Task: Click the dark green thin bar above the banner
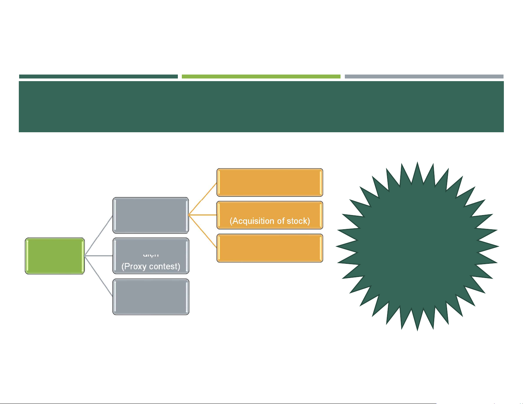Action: coord(98,77)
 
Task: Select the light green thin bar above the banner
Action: coord(261,77)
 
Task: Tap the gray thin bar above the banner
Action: coord(424,77)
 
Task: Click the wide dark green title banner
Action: coord(261,107)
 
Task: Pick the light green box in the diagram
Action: coord(55,256)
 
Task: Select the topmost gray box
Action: coord(151,215)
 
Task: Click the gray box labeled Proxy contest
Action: coord(151,256)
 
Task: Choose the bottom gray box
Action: coord(151,297)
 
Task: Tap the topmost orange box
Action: coord(270,182)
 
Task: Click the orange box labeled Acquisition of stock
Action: coord(270,215)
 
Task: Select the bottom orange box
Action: coord(270,248)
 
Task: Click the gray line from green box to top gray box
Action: coord(99,235)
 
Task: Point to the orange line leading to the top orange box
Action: coord(203,199)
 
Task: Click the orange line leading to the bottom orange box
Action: coord(203,231)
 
